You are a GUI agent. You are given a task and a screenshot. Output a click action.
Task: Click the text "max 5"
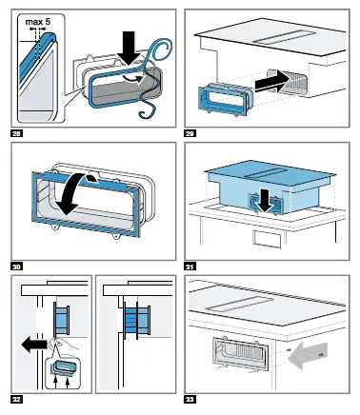click(x=38, y=22)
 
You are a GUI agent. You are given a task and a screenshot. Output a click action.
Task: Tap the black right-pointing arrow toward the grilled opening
click(x=272, y=84)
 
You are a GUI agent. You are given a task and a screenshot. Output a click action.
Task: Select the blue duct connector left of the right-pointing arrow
click(x=226, y=98)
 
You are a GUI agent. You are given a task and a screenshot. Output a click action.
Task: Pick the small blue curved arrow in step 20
click(x=92, y=178)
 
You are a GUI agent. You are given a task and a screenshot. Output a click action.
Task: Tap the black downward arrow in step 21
click(x=265, y=203)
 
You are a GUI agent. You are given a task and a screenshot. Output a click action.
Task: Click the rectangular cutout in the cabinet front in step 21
click(x=267, y=239)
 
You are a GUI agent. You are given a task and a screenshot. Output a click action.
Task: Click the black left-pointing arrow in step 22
click(x=35, y=346)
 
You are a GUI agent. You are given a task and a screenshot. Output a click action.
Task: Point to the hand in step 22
click(x=64, y=345)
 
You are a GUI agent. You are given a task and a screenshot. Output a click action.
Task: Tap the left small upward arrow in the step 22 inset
click(x=55, y=383)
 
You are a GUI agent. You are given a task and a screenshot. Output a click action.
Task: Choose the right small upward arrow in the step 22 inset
click(x=68, y=383)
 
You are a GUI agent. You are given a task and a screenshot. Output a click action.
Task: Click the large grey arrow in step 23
click(x=308, y=354)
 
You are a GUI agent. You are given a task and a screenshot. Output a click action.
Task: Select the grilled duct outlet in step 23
click(x=241, y=352)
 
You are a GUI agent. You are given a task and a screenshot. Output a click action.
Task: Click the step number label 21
click(x=190, y=267)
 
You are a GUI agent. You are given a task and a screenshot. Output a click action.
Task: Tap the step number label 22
click(x=17, y=399)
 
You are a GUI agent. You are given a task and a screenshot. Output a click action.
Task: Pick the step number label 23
click(x=190, y=399)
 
